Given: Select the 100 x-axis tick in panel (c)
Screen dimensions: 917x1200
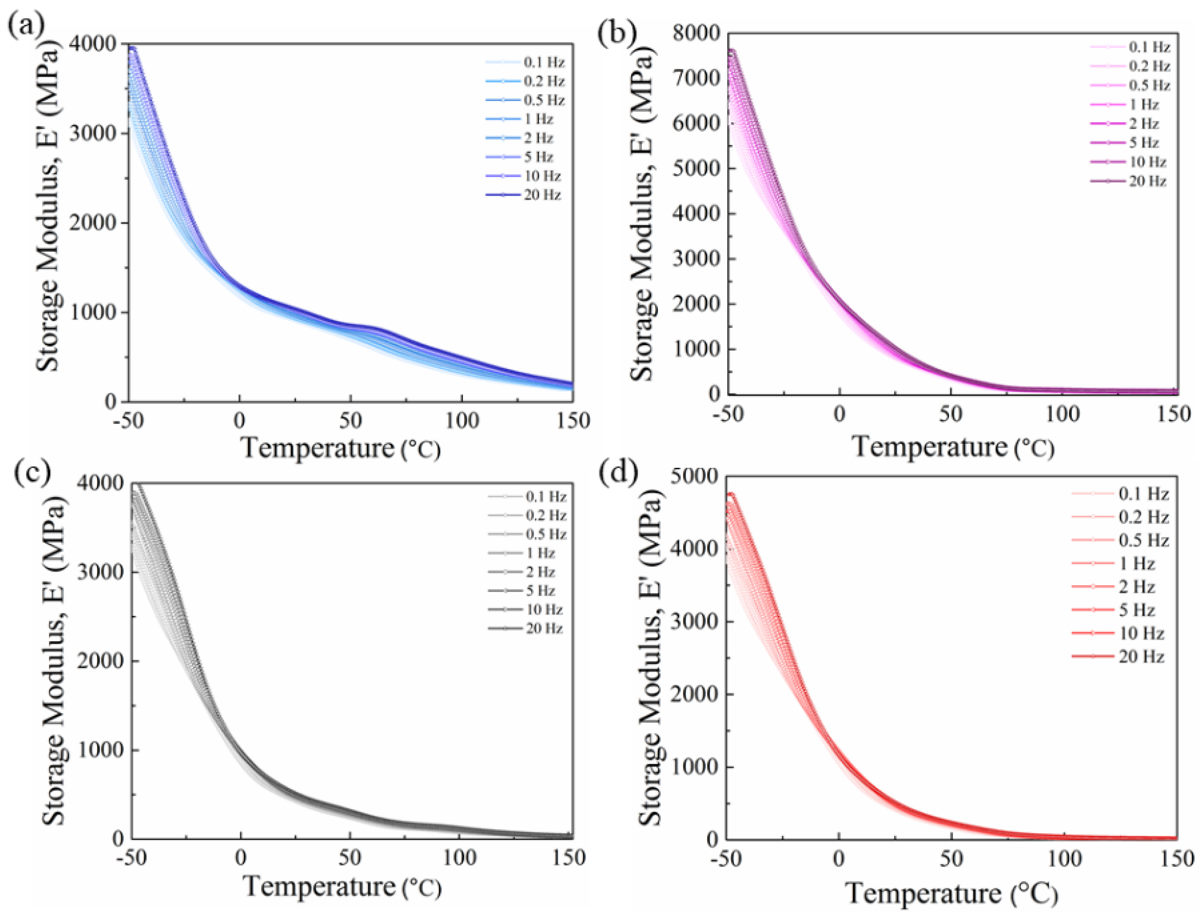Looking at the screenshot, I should [459, 858].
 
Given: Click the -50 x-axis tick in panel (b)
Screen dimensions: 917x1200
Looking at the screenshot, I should [729, 414].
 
